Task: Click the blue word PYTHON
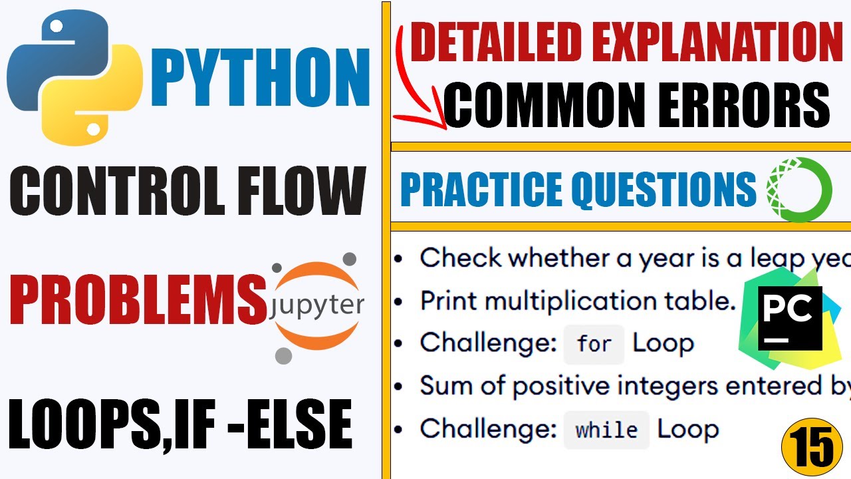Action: pos(260,80)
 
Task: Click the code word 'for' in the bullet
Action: pos(594,344)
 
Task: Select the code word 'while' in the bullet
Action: pos(606,430)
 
